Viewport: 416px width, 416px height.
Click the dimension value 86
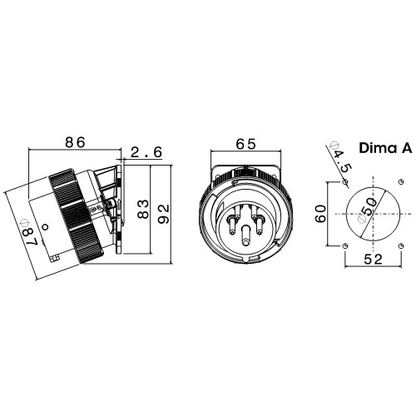(x=75, y=142)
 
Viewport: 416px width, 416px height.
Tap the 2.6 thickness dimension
(x=146, y=152)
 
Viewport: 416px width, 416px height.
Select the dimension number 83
(x=143, y=209)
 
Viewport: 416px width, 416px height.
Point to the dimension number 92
(x=163, y=214)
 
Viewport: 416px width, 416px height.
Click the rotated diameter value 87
(x=31, y=236)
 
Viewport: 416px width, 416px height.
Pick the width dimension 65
(x=245, y=144)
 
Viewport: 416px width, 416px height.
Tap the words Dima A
(x=385, y=148)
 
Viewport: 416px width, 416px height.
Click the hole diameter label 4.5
(x=342, y=161)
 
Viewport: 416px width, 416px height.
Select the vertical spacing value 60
(x=321, y=214)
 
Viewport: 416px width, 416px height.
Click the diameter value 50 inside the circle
(x=370, y=206)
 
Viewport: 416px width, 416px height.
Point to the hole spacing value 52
(x=373, y=260)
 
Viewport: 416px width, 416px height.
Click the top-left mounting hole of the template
(x=345, y=182)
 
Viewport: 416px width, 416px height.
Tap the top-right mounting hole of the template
(x=400, y=181)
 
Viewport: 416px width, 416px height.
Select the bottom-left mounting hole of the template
(x=344, y=246)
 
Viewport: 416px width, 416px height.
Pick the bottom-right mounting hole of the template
(x=400, y=245)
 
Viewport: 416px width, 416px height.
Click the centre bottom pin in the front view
(x=245, y=235)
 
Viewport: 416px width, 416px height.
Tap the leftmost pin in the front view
(x=231, y=225)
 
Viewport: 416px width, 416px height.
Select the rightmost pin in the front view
(x=260, y=225)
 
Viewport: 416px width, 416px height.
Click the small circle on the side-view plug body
(x=45, y=227)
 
